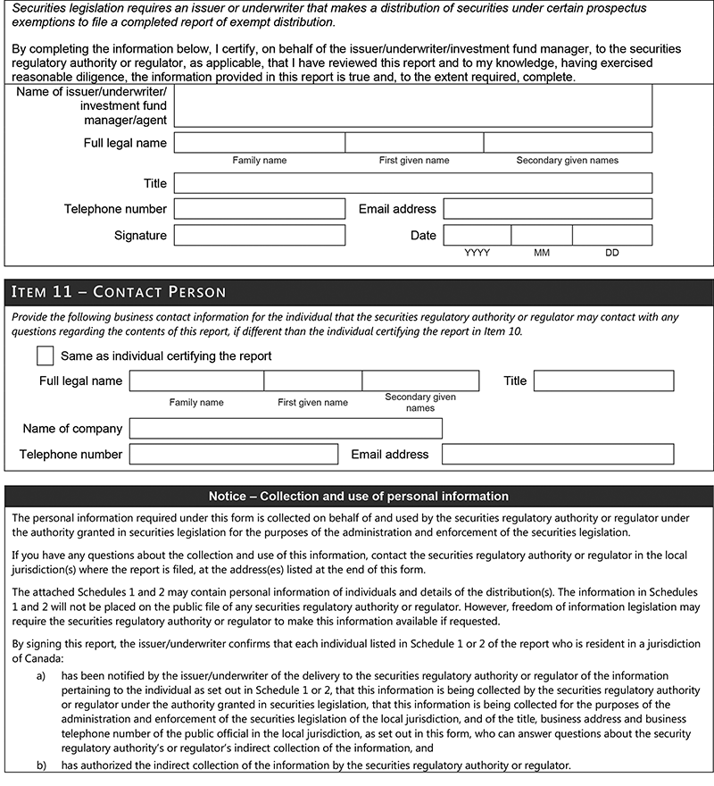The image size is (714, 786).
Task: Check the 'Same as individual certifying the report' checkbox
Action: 46,355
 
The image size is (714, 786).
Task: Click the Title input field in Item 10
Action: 412,183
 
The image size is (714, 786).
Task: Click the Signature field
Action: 259,235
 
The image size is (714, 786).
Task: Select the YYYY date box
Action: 477,235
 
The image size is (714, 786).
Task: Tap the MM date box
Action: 541,235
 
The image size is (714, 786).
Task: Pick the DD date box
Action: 611,235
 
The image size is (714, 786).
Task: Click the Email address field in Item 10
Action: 547,209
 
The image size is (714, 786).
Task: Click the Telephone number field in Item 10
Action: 259,209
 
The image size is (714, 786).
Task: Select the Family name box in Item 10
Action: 259,142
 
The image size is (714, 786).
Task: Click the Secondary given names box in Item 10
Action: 567,142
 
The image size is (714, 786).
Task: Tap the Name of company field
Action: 286,429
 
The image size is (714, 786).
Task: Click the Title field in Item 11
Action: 603,381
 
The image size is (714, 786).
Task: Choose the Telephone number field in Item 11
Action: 234,454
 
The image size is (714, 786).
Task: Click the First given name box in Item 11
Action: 312,381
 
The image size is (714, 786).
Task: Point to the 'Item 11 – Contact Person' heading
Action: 117,292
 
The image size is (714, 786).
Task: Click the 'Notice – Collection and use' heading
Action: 358,496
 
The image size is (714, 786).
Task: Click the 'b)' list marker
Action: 41,765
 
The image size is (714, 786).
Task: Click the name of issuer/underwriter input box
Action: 412,106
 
